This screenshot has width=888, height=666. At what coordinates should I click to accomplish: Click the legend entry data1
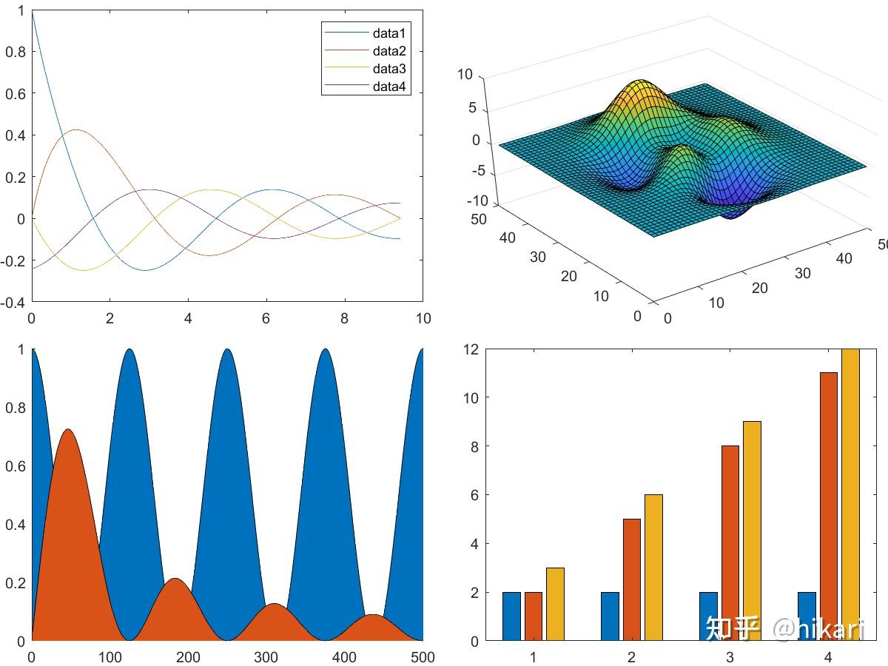coord(389,33)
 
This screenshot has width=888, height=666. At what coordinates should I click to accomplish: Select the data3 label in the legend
coord(389,69)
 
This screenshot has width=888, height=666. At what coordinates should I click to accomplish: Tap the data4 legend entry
coord(389,87)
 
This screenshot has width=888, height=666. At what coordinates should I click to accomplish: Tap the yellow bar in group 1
coord(555,604)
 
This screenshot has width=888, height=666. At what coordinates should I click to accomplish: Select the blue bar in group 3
coord(708,616)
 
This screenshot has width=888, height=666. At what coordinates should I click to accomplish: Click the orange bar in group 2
coord(631,579)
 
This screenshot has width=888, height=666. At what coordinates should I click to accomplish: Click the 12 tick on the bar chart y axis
coord(471,349)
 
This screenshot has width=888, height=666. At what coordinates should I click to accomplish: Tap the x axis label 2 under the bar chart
coord(631,657)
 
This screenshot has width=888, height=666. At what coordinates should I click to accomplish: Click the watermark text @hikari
coord(818,629)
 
